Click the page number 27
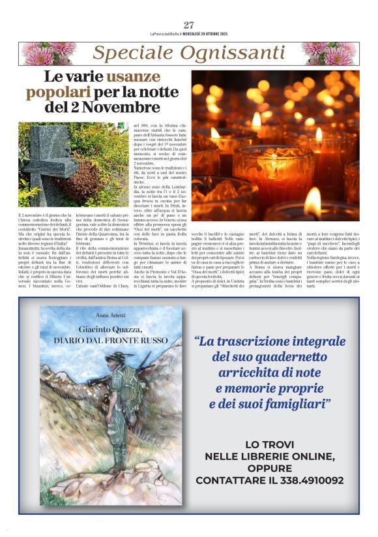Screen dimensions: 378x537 (x=189, y=25)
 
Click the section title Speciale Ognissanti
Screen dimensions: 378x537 (x=189, y=53)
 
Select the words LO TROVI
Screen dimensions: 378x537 (x=269, y=444)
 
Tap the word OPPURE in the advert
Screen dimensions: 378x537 (x=269, y=468)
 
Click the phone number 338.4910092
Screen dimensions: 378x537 (x=306, y=480)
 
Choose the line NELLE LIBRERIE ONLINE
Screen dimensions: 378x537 (x=269, y=456)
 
